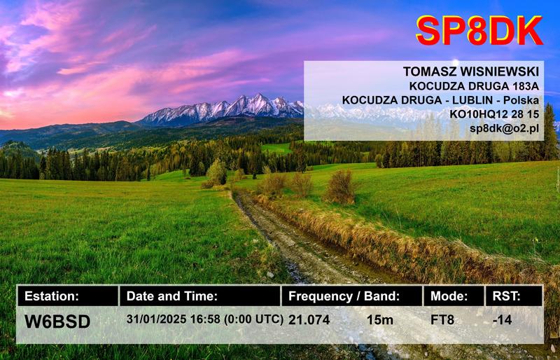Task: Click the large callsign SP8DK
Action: (x=479, y=31)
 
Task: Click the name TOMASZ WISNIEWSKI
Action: (x=470, y=72)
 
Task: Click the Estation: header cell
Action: (x=52, y=296)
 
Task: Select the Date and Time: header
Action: (x=172, y=296)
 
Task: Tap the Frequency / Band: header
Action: (x=344, y=296)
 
